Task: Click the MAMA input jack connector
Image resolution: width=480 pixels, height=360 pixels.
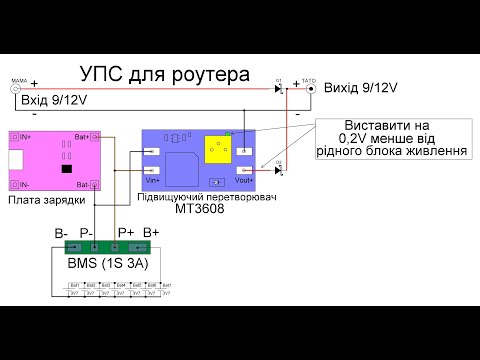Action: pos(16,88)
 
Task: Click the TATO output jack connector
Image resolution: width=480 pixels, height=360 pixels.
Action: pos(310,88)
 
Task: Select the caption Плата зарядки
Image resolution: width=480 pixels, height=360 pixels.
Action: pos(40,200)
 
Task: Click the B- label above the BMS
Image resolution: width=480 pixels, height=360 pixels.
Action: pos(62,233)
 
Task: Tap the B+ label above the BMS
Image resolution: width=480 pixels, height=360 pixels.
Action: pos(152,233)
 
